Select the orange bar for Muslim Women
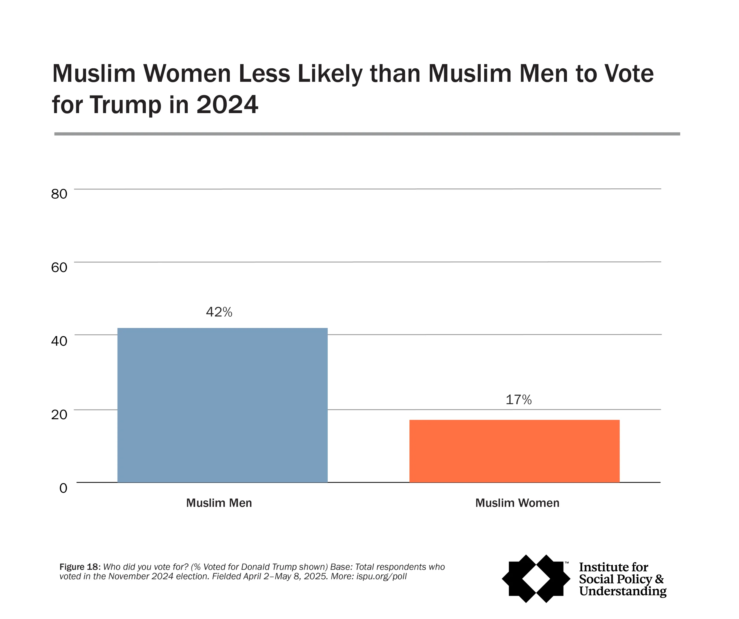point(514,451)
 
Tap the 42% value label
point(219,312)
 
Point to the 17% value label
point(518,399)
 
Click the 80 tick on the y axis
point(59,194)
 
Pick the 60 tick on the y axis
point(59,267)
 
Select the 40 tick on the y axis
point(59,341)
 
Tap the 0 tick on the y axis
point(63,488)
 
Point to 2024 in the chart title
point(227,105)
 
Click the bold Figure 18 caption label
point(80,567)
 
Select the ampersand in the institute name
point(659,579)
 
